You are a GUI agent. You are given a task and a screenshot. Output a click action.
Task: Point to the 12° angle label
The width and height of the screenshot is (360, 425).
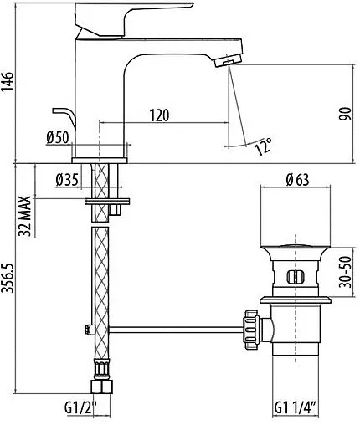[x=263, y=148]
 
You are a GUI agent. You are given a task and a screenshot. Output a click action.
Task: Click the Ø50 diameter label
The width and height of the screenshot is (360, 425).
[x=58, y=138]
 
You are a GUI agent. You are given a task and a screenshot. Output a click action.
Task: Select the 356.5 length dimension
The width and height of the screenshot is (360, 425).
[x=9, y=284]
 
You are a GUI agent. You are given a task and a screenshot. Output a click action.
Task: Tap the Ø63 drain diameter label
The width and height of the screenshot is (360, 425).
[x=298, y=177]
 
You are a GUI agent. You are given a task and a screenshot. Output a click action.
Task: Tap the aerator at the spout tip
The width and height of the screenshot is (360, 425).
[x=225, y=63]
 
